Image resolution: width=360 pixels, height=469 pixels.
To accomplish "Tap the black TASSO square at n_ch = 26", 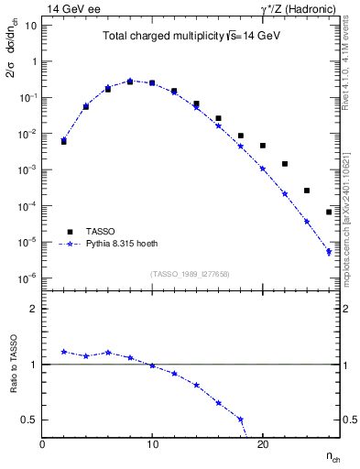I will [x=329, y=213].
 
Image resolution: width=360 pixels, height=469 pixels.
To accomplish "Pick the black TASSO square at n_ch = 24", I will [x=307, y=191].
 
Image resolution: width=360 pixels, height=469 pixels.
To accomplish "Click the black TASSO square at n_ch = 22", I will [x=285, y=164].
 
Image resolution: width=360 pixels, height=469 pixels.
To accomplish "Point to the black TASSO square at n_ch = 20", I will [x=263, y=146].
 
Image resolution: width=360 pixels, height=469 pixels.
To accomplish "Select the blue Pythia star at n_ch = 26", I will [x=329, y=252].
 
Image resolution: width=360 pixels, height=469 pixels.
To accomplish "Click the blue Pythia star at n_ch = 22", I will [x=285, y=193].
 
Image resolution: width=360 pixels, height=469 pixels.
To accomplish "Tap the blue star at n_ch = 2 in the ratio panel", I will [x=64, y=351].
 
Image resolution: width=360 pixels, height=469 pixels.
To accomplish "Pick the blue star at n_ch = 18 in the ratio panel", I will [x=241, y=420].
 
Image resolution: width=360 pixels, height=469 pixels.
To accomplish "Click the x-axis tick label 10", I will [x=152, y=444].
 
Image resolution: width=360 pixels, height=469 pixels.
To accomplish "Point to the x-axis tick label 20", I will [x=263, y=444].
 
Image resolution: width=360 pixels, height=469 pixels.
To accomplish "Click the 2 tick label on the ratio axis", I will [x=35, y=310].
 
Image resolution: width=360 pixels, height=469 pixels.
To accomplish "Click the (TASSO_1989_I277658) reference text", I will [x=191, y=274].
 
